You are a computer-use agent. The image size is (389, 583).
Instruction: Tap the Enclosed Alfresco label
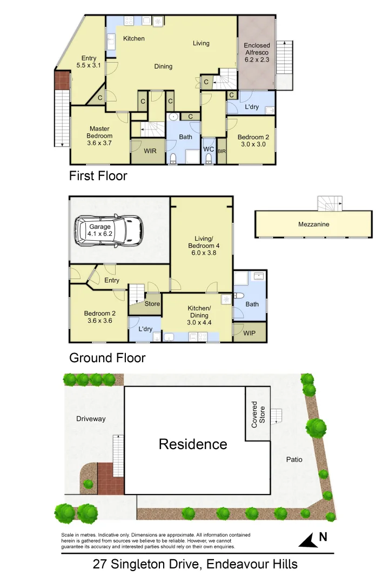click(x=257, y=53)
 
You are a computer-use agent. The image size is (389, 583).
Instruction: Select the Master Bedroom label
click(x=99, y=132)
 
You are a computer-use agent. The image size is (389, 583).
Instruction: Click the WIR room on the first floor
click(x=150, y=151)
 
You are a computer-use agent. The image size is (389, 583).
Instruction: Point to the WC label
click(x=209, y=150)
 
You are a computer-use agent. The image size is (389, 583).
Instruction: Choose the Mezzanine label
click(x=313, y=225)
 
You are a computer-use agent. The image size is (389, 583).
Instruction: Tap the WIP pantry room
click(x=249, y=333)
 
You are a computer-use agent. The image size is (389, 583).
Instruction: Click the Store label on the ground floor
click(x=152, y=304)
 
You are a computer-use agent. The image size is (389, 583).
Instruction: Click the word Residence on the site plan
click(x=193, y=444)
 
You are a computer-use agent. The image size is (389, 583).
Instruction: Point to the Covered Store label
click(x=258, y=414)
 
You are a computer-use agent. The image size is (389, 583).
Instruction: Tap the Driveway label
click(x=91, y=419)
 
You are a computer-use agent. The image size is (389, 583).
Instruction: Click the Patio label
click(x=294, y=460)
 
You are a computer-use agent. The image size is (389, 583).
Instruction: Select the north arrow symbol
click(x=308, y=539)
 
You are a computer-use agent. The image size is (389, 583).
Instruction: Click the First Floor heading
click(x=98, y=176)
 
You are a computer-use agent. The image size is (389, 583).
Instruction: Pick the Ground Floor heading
click(x=107, y=358)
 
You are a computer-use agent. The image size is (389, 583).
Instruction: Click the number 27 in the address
click(x=100, y=565)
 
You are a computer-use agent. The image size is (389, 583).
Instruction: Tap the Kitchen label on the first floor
click(x=134, y=39)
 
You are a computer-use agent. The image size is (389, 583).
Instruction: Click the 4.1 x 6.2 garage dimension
click(x=100, y=234)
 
